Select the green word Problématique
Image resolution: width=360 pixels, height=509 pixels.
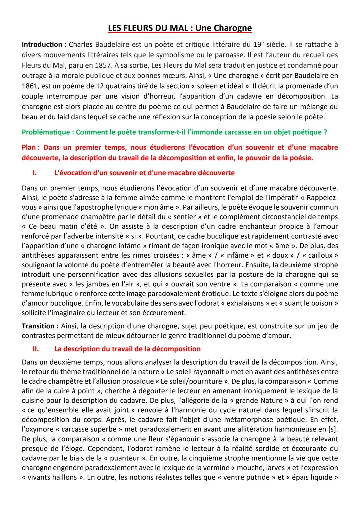tap(46, 132)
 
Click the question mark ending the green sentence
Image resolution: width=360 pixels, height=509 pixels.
tap(325, 132)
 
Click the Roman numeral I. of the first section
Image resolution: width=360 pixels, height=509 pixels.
tap(34, 173)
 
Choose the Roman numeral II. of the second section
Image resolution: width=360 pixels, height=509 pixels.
tap(35, 349)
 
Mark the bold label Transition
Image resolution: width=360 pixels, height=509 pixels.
tap(38, 326)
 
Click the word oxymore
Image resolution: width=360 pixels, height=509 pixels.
tap(39, 429)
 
